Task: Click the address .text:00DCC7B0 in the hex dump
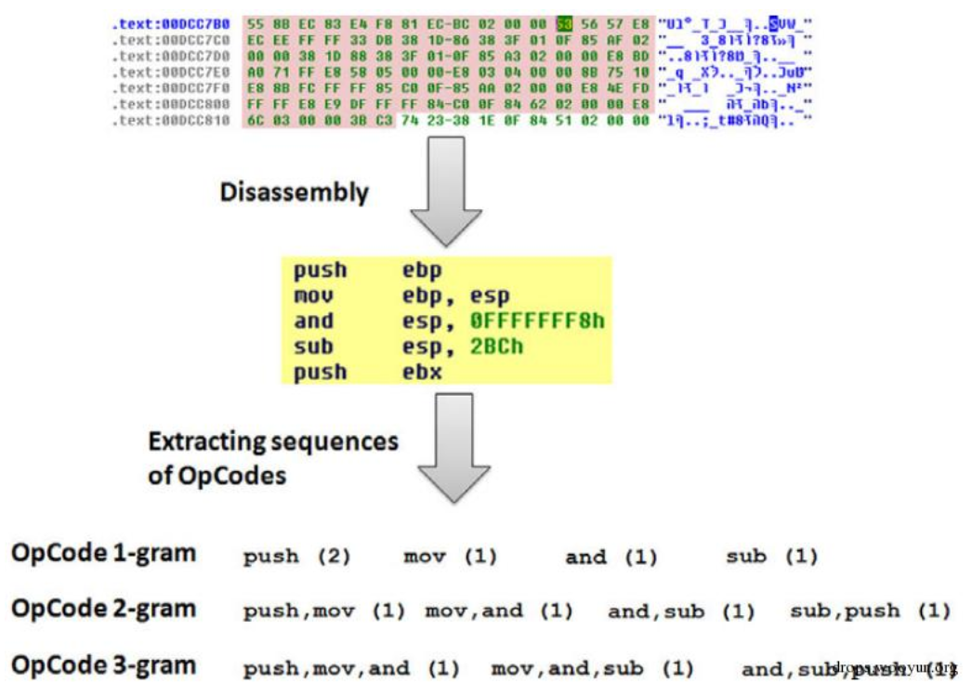pyautogui.click(x=171, y=23)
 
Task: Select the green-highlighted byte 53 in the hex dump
pyautogui.click(x=564, y=23)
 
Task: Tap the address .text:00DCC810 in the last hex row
pyautogui.click(x=171, y=120)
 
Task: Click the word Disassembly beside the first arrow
pyautogui.click(x=294, y=192)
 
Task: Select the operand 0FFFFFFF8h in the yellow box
pyautogui.click(x=537, y=322)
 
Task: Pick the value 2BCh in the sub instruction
pyautogui.click(x=497, y=347)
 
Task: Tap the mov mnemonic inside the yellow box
pyautogui.click(x=313, y=296)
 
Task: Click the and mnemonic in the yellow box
pyautogui.click(x=313, y=322)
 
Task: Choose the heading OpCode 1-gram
pyautogui.click(x=104, y=554)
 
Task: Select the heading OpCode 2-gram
pyautogui.click(x=104, y=610)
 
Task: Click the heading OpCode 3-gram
pyautogui.click(x=104, y=665)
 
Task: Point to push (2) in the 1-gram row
pyautogui.click(x=296, y=558)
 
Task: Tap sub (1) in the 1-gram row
pyautogui.click(x=771, y=557)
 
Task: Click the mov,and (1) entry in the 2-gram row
pyautogui.click(x=499, y=611)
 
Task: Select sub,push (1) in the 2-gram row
pyautogui.click(x=870, y=611)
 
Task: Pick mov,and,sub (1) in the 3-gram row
pyautogui.click(x=592, y=668)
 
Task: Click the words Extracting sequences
pyautogui.click(x=273, y=440)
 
